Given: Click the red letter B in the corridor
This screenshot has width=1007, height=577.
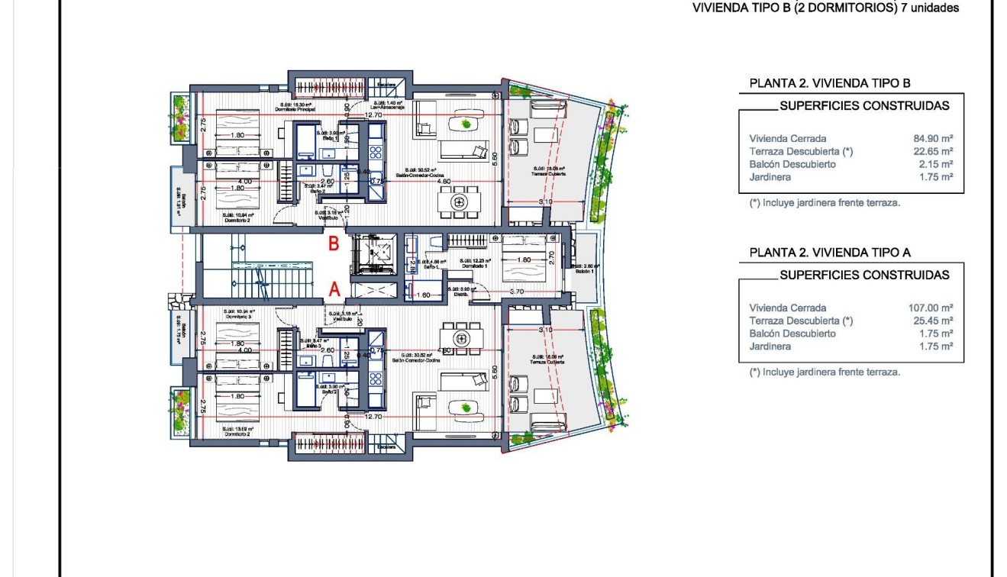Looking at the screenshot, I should point(334,244).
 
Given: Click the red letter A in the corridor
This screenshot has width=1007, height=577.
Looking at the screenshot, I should point(334,288).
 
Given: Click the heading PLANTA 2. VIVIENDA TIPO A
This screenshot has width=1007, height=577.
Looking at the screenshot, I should point(830,253).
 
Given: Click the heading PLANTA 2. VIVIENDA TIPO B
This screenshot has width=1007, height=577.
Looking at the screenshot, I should point(830,83).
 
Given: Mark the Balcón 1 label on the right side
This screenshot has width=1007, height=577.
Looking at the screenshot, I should point(585,270).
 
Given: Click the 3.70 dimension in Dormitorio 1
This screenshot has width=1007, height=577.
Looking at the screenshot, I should point(516,292).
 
